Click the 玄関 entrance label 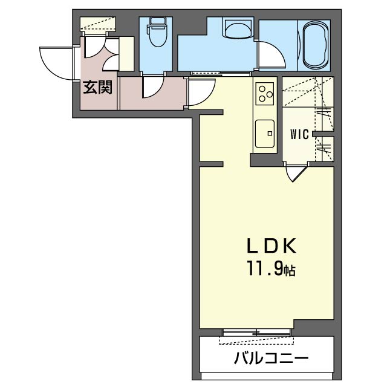[98, 87]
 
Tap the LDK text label [272, 246]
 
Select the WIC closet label [299, 134]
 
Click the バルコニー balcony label [271, 358]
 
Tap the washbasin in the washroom [238, 28]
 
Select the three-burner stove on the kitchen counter [265, 94]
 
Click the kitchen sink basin [265, 134]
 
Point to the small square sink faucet [270, 134]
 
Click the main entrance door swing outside [57, 63]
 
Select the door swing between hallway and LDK [200, 93]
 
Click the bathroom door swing [272, 54]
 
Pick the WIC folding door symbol [296, 172]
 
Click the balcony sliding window [256, 332]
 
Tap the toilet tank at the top [156, 22]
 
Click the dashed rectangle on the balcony [256, 340]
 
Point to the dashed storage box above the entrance [98, 24]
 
